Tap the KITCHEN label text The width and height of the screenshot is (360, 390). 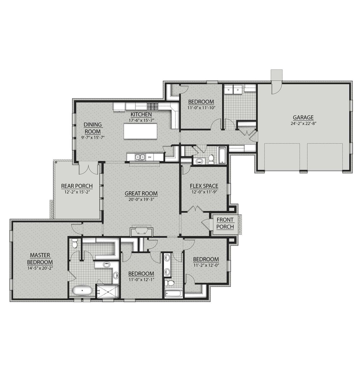[141, 114]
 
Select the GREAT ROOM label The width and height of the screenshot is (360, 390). [141, 193]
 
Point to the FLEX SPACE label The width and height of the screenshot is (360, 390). [204, 186]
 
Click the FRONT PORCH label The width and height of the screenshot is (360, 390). [225, 223]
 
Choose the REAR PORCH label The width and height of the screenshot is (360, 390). [77, 186]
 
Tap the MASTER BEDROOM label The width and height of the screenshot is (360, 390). [40, 258]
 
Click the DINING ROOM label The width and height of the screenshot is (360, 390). [93, 128]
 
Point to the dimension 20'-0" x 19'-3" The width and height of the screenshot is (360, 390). [141, 199]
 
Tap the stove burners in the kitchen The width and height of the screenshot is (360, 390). [153, 107]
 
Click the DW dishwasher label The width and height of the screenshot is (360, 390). [150, 157]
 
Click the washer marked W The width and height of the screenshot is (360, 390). [228, 90]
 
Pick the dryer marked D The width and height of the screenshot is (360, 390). [238, 90]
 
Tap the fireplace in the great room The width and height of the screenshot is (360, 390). [141, 231]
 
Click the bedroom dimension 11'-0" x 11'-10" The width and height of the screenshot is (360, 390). [201, 107]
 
